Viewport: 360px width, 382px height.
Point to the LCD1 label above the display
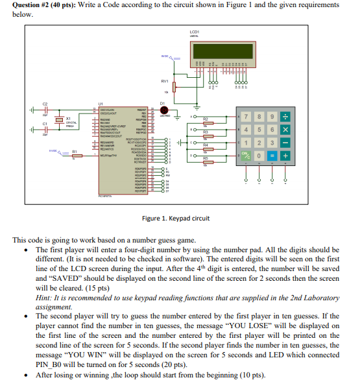click(x=195, y=32)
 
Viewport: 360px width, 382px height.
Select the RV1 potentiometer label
click(x=165, y=81)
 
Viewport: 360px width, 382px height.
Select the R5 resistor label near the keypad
click(x=205, y=158)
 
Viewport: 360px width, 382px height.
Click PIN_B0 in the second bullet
click(x=51, y=364)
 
